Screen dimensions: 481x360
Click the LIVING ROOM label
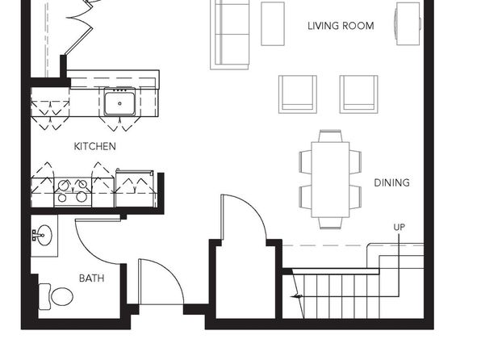[341, 26]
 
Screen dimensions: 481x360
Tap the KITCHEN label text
[95, 146]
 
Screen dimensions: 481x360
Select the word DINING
[391, 183]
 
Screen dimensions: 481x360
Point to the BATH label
[92, 278]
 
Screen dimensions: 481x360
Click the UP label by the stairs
[399, 227]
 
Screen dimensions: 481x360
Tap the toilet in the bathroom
[56, 296]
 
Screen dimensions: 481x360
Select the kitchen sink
[119, 101]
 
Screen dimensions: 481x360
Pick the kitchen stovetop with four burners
[73, 192]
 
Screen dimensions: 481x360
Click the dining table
[330, 179]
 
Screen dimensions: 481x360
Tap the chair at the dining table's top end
[330, 136]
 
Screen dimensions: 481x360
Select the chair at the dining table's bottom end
[330, 223]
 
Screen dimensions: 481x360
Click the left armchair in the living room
[298, 94]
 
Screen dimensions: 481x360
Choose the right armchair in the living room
[358, 94]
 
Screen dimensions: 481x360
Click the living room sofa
[229, 34]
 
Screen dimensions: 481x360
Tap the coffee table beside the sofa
[273, 24]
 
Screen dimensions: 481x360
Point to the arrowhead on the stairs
[296, 296]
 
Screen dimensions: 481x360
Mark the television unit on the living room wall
[408, 24]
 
